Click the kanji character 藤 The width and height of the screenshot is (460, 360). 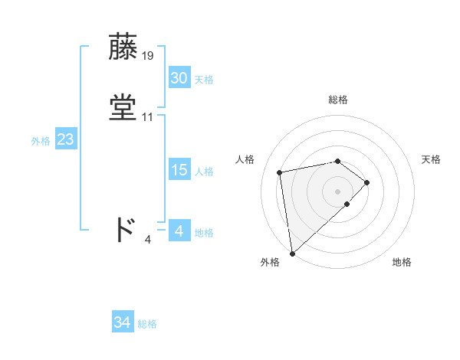[x=124, y=47]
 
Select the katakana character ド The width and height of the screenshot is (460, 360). [x=124, y=230]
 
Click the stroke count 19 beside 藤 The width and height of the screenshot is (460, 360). [x=148, y=55]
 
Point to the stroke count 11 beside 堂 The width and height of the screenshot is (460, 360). [x=148, y=117]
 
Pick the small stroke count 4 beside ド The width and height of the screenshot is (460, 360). [x=148, y=240]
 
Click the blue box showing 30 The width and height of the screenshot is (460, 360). [x=179, y=78]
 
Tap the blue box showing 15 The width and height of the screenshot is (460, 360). [x=179, y=170]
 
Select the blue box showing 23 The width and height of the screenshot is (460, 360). [x=65, y=139]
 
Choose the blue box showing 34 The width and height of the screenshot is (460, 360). [x=123, y=322]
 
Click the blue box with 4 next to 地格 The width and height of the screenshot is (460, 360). [x=179, y=231]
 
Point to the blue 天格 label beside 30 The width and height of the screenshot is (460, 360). [x=204, y=80]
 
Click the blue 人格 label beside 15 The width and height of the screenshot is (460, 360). [x=204, y=172]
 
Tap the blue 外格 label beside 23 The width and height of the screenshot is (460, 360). [x=40, y=141]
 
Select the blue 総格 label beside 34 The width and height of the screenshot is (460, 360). [x=147, y=324]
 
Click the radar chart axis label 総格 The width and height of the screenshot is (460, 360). [x=337, y=100]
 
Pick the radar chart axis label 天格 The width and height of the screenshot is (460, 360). [x=432, y=159]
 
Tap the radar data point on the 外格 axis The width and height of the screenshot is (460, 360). [x=292, y=252]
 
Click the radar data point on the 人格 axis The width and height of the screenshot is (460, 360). [x=281, y=172]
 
